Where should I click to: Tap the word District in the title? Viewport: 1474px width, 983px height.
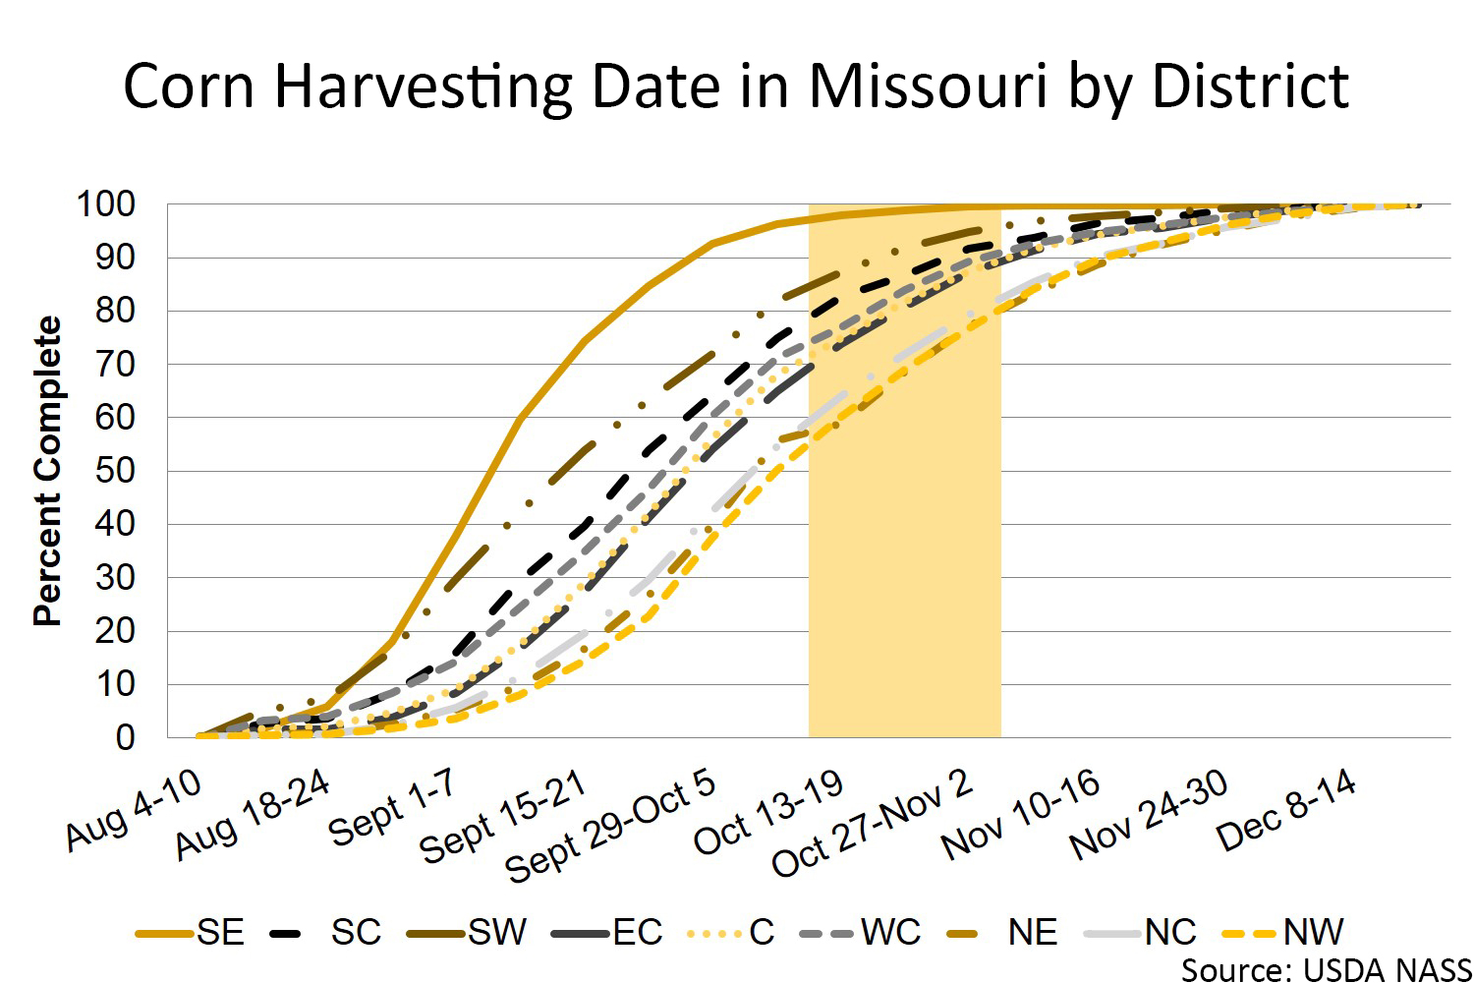point(1249,87)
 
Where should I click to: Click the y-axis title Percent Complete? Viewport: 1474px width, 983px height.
point(47,471)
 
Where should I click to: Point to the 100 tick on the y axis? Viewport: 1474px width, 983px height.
point(106,204)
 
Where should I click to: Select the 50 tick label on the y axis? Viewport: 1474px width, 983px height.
point(115,471)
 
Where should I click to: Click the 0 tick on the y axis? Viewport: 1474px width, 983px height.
point(125,737)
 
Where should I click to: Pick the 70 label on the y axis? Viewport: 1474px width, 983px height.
point(115,364)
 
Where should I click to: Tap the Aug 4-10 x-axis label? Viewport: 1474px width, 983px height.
point(135,809)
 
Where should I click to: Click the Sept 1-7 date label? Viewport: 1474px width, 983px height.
point(392,807)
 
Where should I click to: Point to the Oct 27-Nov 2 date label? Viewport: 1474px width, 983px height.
point(873,823)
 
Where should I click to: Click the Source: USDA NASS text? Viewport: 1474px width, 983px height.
point(1326,969)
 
